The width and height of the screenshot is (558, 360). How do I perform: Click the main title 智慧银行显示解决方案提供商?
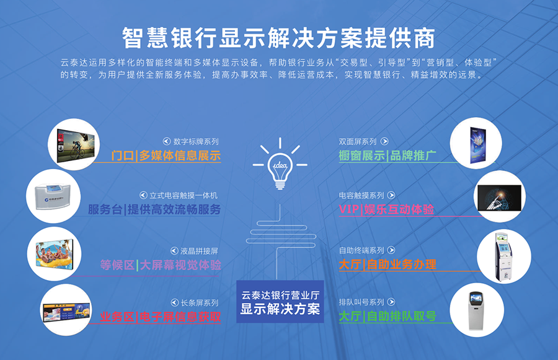point(278,38)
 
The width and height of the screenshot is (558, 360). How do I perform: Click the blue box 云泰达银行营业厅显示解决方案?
point(280,302)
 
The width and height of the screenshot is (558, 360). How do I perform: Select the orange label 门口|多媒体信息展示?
point(166,156)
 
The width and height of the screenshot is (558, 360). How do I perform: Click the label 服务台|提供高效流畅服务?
point(154,209)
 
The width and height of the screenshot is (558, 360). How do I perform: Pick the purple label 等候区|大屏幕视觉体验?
point(161,265)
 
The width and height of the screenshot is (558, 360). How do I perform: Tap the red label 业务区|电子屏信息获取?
point(161,317)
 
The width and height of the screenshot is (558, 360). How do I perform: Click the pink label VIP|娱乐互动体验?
point(386,209)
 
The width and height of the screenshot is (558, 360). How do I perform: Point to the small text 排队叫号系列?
point(361,302)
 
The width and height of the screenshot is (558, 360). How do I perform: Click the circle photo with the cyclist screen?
point(75,145)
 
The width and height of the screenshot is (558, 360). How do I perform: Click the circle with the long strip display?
point(67,308)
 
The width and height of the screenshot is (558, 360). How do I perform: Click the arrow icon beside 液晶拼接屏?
point(170,251)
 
